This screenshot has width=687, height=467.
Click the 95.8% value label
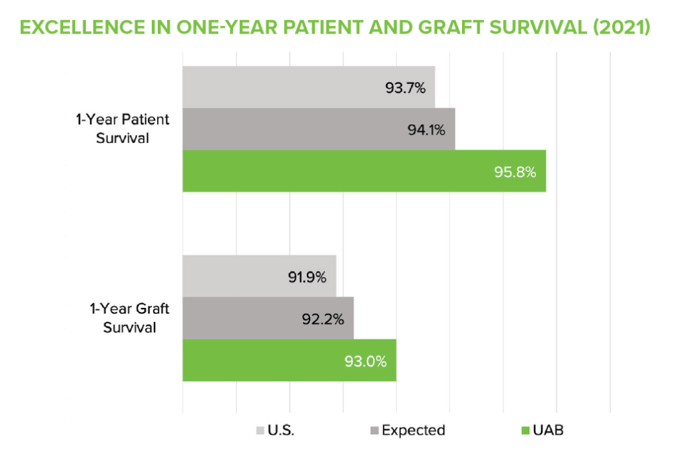pyautogui.click(x=515, y=172)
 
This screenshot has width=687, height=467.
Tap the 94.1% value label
pyautogui.click(x=426, y=129)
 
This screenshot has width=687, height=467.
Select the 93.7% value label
pyautogui.click(x=406, y=87)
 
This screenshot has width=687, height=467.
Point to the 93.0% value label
pyautogui.click(x=365, y=361)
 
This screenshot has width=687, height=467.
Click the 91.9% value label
pyautogui.click(x=307, y=276)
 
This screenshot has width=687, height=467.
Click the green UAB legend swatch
pyautogui.click(x=525, y=430)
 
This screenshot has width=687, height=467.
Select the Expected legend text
pyautogui.click(x=414, y=430)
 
